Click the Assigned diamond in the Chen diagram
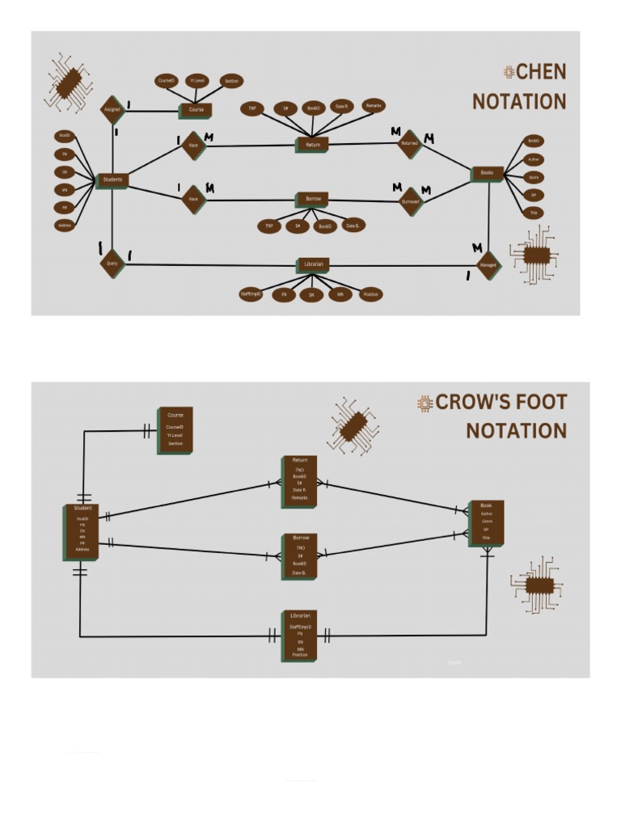(112, 109)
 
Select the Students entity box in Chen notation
(112, 180)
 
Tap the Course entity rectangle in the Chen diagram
(196, 110)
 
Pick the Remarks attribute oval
(373, 106)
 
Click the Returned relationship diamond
(411, 144)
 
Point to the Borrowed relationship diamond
(411, 201)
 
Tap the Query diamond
(112, 262)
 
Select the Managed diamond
(488, 264)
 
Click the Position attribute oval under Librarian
(370, 295)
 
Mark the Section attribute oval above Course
(231, 82)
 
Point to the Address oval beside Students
(64, 226)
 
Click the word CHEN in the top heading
(541, 73)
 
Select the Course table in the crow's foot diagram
(175, 431)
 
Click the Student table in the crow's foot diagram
(82, 531)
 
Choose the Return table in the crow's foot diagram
(299, 481)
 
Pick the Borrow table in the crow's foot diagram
(299, 556)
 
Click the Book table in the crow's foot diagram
(486, 522)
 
